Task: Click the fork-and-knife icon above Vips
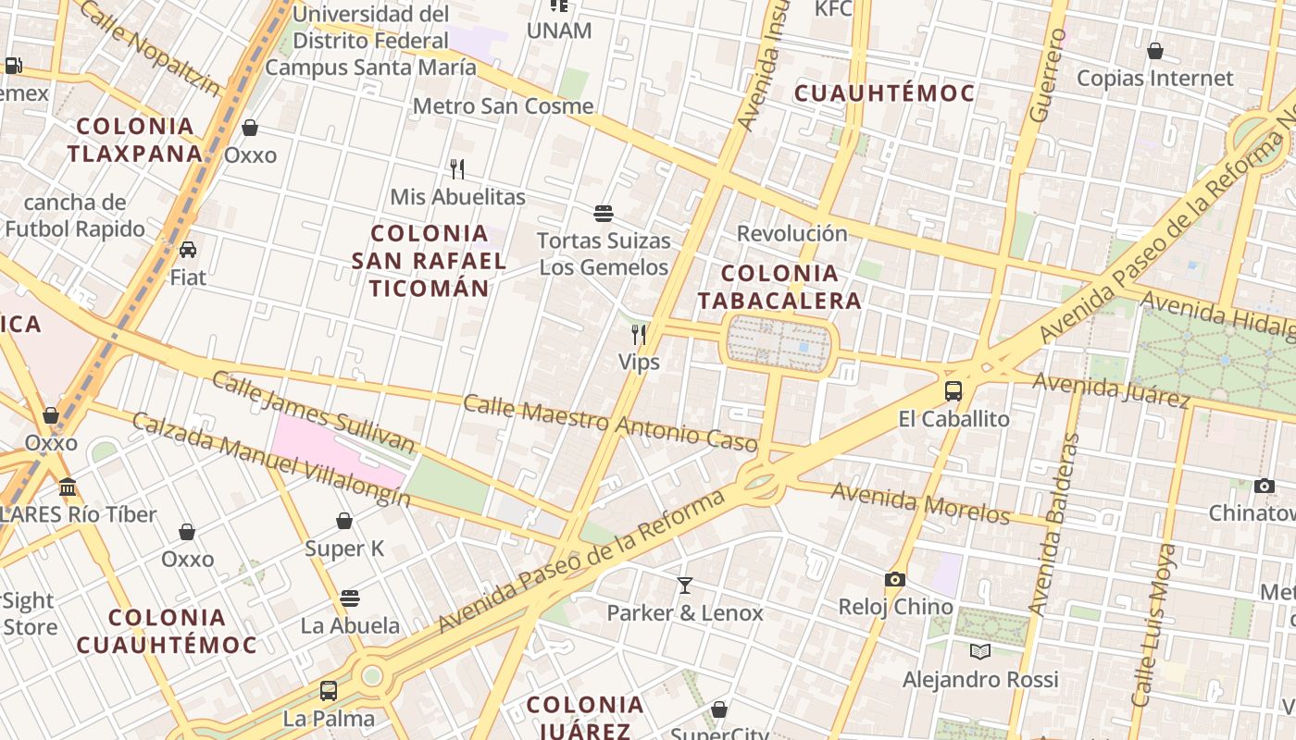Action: (639, 335)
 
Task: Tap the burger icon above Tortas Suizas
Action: (604, 215)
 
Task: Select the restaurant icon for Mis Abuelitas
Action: (456, 169)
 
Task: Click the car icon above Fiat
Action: (188, 250)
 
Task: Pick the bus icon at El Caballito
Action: (953, 391)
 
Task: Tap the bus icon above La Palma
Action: (329, 691)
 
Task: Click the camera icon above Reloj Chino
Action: (894, 580)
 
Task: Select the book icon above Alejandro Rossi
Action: (980, 652)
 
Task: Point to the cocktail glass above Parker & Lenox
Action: (684, 586)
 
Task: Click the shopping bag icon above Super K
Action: (344, 522)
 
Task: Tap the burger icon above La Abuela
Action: (350, 598)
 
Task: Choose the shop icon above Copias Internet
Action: (1154, 52)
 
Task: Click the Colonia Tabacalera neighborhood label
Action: (779, 287)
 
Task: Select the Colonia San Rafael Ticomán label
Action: (429, 261)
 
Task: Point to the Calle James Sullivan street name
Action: (314, 412)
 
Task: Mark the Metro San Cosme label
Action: (503, 106)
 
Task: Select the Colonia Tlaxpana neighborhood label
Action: (135, 140)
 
